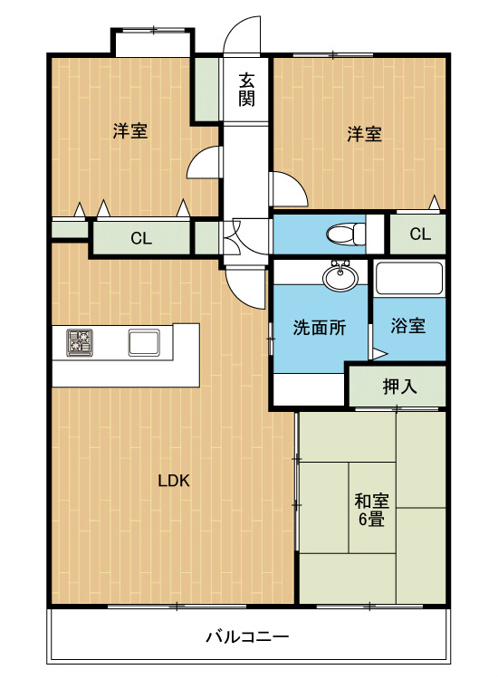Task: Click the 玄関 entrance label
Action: point(246,89)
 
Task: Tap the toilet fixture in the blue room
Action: point(341,234)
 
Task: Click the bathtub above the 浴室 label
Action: point(408,278)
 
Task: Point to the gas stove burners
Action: point(79,342)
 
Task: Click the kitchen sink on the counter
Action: point(144,343)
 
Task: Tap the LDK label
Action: point(173,481)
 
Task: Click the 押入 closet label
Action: point(399,387)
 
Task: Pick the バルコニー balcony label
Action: point(245,636)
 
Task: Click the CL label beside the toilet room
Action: point(419,234)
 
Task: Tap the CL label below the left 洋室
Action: point(140,239)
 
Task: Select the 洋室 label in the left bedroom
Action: point(129,131)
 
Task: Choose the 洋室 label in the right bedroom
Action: point(363,134)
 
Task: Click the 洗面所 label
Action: point(319,328)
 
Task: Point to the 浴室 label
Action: point(408,327)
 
